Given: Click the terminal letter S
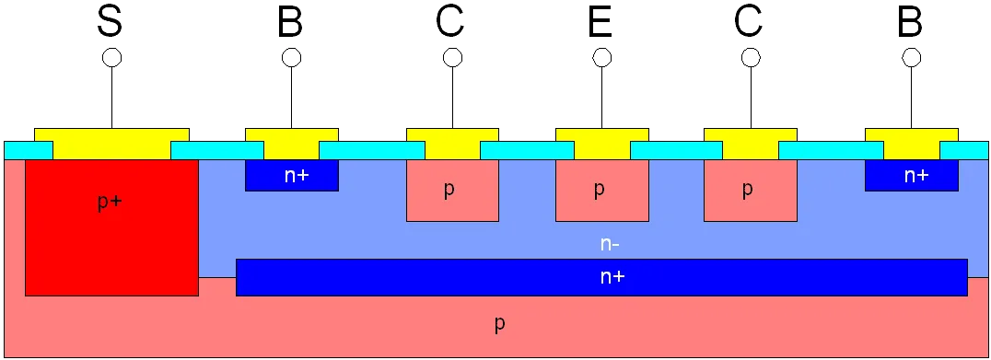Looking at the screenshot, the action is [x=111, y=23].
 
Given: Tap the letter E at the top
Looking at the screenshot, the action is [x=601, y=23].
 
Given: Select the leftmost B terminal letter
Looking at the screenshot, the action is [x=291, y=23].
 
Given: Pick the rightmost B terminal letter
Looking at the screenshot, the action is [x=911, y=23].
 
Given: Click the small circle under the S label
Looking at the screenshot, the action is [x=111, y=57].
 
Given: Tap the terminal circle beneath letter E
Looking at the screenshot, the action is [x=601, y=57].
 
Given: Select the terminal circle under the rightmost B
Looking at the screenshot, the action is [x=912, y=57].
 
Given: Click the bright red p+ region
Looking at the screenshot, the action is [x=111, y=227].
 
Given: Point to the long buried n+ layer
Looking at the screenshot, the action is [x=601, y=277].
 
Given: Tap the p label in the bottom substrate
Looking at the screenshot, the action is [x=499, y=324].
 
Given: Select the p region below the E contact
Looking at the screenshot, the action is [x=601, y=190].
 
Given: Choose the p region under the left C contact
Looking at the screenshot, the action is [x=452, y=190].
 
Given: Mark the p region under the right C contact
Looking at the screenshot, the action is [x=751, y=190].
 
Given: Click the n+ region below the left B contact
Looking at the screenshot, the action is [x=292, y=175].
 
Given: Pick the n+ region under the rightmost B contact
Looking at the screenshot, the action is [x=912, y=175].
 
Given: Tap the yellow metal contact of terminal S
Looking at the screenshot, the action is [x=111, y=144].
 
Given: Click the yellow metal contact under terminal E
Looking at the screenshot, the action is [x=601, y=144].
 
